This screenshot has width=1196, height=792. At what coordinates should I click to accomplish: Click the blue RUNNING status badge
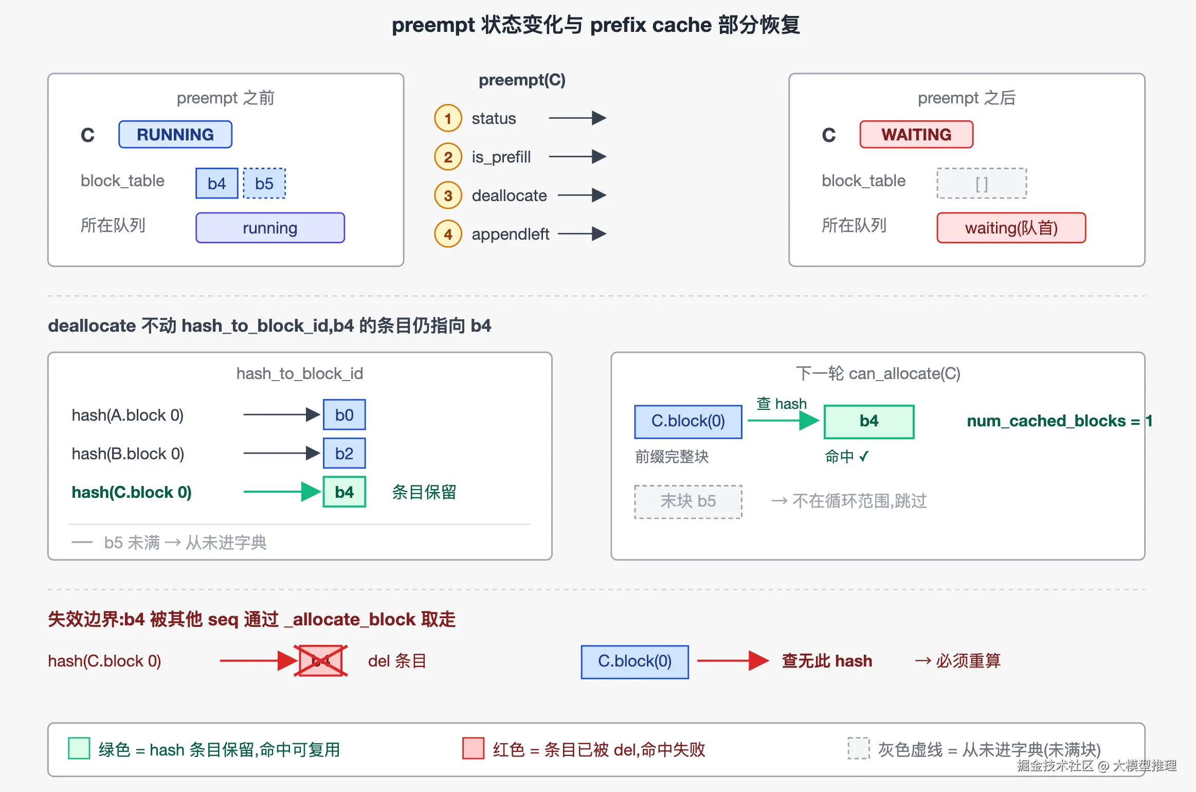click(175, 134)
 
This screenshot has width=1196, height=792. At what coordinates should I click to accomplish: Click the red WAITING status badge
click(916, 134)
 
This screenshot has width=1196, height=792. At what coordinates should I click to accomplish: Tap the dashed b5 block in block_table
click(264, 183)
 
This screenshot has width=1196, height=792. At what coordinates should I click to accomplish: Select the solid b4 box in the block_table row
click(217, 183)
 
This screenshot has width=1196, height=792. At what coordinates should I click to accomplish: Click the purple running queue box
click(270, 227)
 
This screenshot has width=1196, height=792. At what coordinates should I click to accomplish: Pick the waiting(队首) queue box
click(1011, 227)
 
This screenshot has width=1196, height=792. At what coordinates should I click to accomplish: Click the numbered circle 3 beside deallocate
click(448, 195)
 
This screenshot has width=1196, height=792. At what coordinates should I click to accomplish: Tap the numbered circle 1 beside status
click(448, 118)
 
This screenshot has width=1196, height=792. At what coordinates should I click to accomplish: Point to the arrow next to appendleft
click(582, 234)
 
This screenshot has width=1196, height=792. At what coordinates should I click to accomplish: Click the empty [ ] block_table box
click(982, 183)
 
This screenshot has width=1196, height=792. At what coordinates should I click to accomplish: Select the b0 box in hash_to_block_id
click(345, 415)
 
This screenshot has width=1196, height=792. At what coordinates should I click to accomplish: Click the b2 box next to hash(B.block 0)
click(345, 453)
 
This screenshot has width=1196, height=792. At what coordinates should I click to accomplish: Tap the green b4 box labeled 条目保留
click(345, 492)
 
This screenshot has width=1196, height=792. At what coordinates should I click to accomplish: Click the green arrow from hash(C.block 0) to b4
click(282, 492)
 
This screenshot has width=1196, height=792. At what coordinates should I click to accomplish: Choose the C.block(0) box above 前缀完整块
click(688, 421)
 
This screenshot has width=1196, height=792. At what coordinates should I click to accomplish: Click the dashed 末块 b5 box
click(688, 501)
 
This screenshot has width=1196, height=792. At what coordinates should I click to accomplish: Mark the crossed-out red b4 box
click(321, 661)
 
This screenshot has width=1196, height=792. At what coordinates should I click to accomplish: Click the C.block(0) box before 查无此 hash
click(635, 661)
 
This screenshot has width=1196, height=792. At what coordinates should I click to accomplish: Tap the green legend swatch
click(79, 748)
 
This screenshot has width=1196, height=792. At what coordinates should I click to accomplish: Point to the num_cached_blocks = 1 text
click(1059, 421)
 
